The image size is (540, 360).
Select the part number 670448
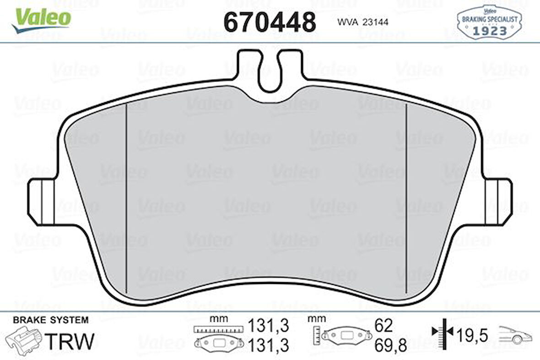pos(269,22)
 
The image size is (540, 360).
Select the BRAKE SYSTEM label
pos(50,320)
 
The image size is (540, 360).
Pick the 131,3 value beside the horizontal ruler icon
pos(269,326)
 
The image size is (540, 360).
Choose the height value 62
pos(383,326)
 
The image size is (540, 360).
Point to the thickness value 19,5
pos(472,336)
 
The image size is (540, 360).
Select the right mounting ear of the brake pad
pos(499,202)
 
